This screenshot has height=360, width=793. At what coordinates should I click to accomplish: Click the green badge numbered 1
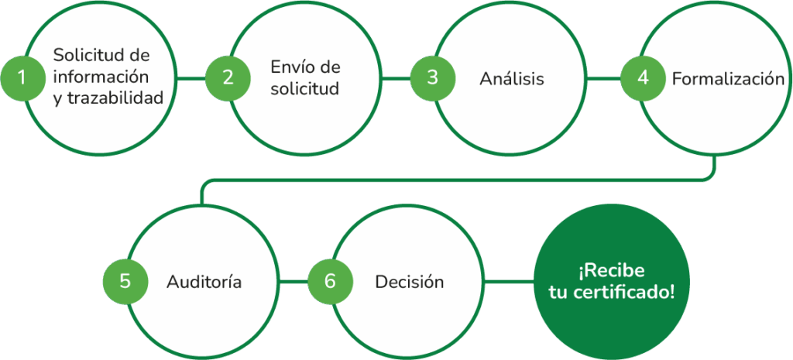pyautogui.click(x=22, y=77)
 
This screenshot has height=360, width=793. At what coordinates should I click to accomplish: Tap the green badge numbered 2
pyautogui.click(x=228, y=77)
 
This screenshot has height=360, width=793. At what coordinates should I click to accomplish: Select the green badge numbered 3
pyautogui.click(x=432, y=77)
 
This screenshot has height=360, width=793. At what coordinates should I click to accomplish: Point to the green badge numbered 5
pyautogui.click(x=125, y=281)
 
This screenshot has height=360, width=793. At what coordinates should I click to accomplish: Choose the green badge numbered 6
pyautogui.click(x=330, y=281)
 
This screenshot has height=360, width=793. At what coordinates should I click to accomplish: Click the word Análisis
pyautogui.click(x=511, y=79)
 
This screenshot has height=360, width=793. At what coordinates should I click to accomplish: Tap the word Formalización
pyautogui.click(x=728, y=79)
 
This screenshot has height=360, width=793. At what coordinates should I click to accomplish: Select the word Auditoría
pyautogui.click(x=204, y=282)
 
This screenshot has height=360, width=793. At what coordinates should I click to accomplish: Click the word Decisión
pyautogui.click(x=409, y=282)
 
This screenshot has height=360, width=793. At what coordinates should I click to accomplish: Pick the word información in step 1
pyautogui.click(x=101, y=77)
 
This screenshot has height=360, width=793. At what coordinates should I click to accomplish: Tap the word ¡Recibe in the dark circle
pyautogui.click(x=611, y=271)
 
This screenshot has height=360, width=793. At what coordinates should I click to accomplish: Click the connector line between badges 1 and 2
pyautogui.click(x=191, y=77)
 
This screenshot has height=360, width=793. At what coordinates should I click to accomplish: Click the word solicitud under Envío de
pyautogui.click(x=305, y=88)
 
